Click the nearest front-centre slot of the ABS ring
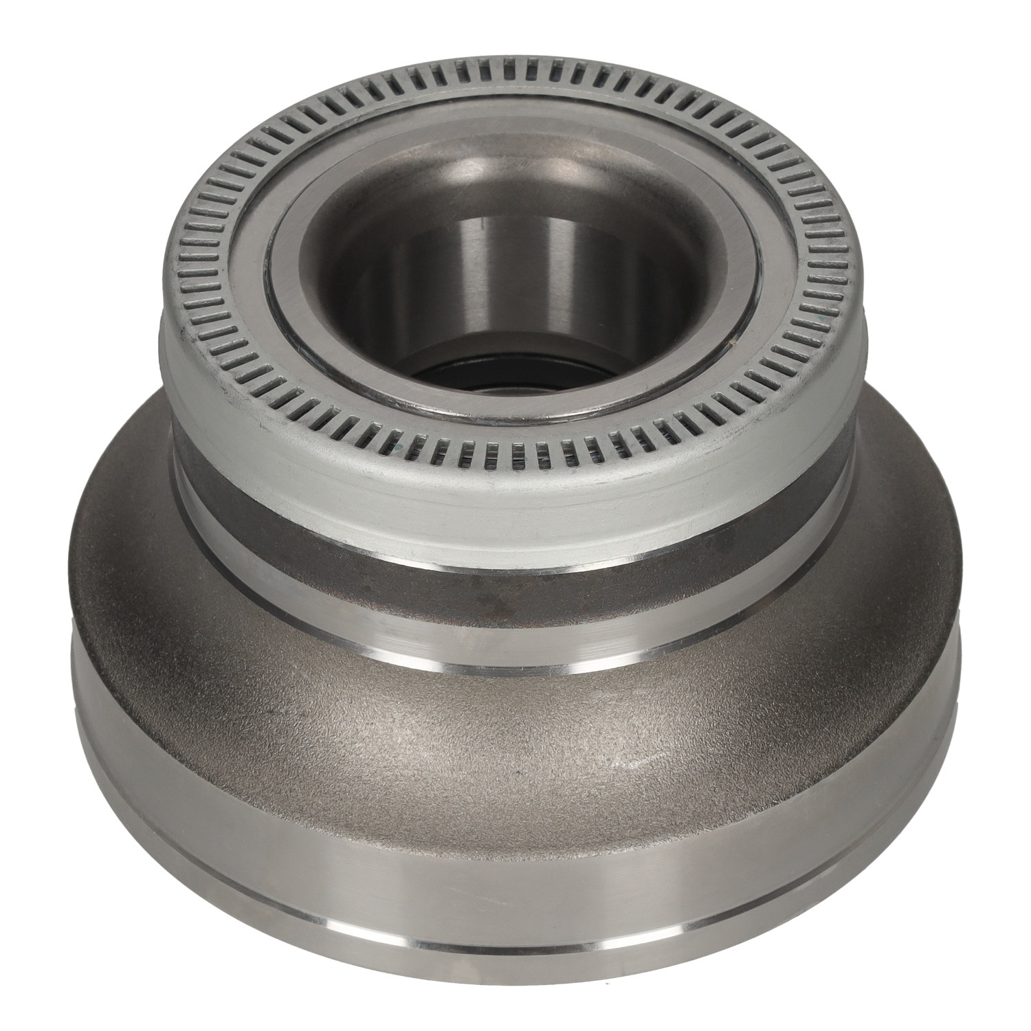(x=512, y=453)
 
